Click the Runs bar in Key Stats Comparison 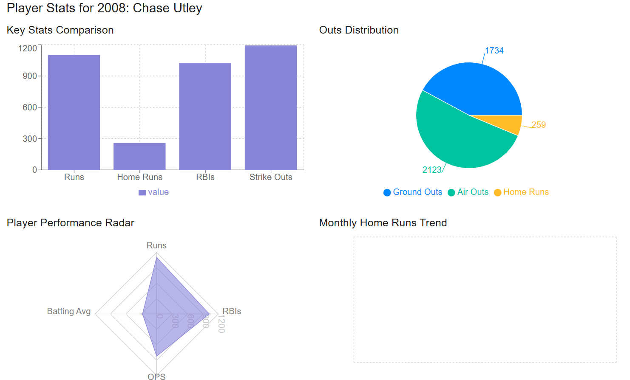click(x=74, y=113)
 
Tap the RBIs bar click(x=205, y=116)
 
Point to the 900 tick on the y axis click(x=30, y=76)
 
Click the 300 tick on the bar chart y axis click(x=30, y=139)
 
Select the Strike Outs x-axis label click(x=271, y=177)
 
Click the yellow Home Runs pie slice click(x=508, y=123)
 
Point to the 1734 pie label click(x=494, y=51)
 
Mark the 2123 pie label click(x=432, y=170)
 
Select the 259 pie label click(x=539, y=125)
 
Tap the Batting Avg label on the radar click(x=69, y=311)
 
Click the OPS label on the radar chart click(x=156, y=376)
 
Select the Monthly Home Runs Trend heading click(x=383, y=223)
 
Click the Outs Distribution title click(x=359, y=30)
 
